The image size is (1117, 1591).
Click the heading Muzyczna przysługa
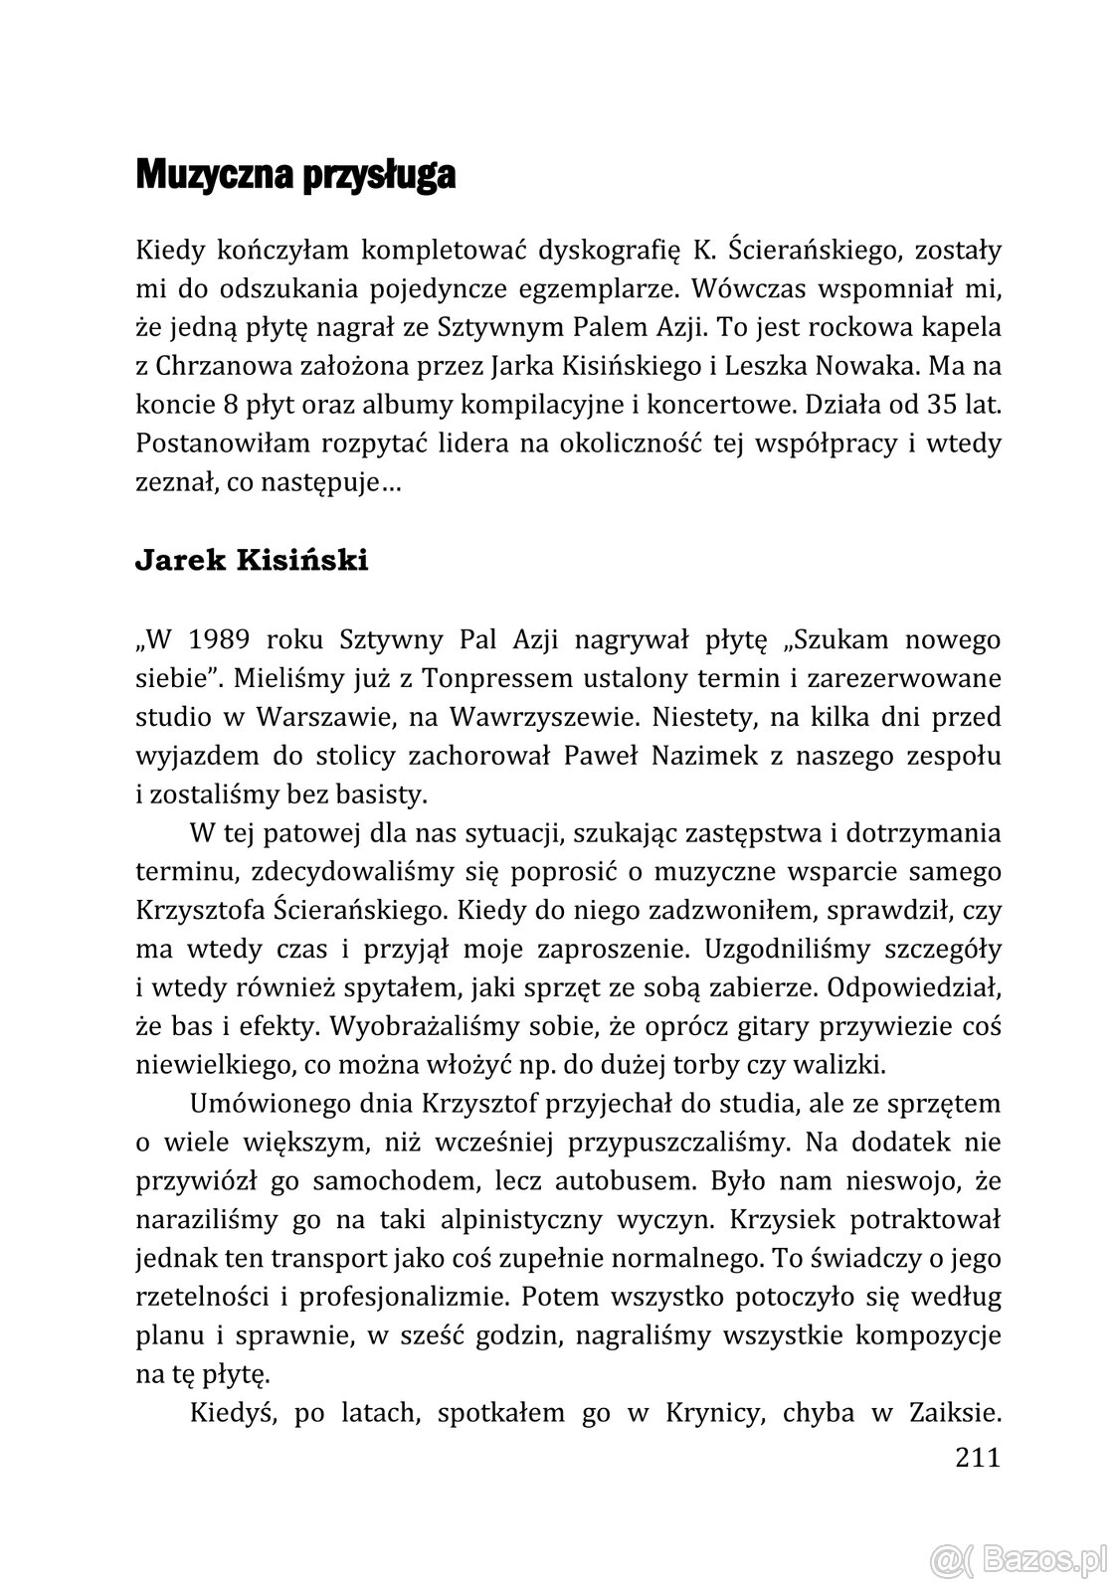[295, 176]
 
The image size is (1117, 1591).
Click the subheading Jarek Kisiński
[251, 561]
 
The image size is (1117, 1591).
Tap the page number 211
[976, 1458]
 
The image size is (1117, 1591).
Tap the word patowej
[304, 831]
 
